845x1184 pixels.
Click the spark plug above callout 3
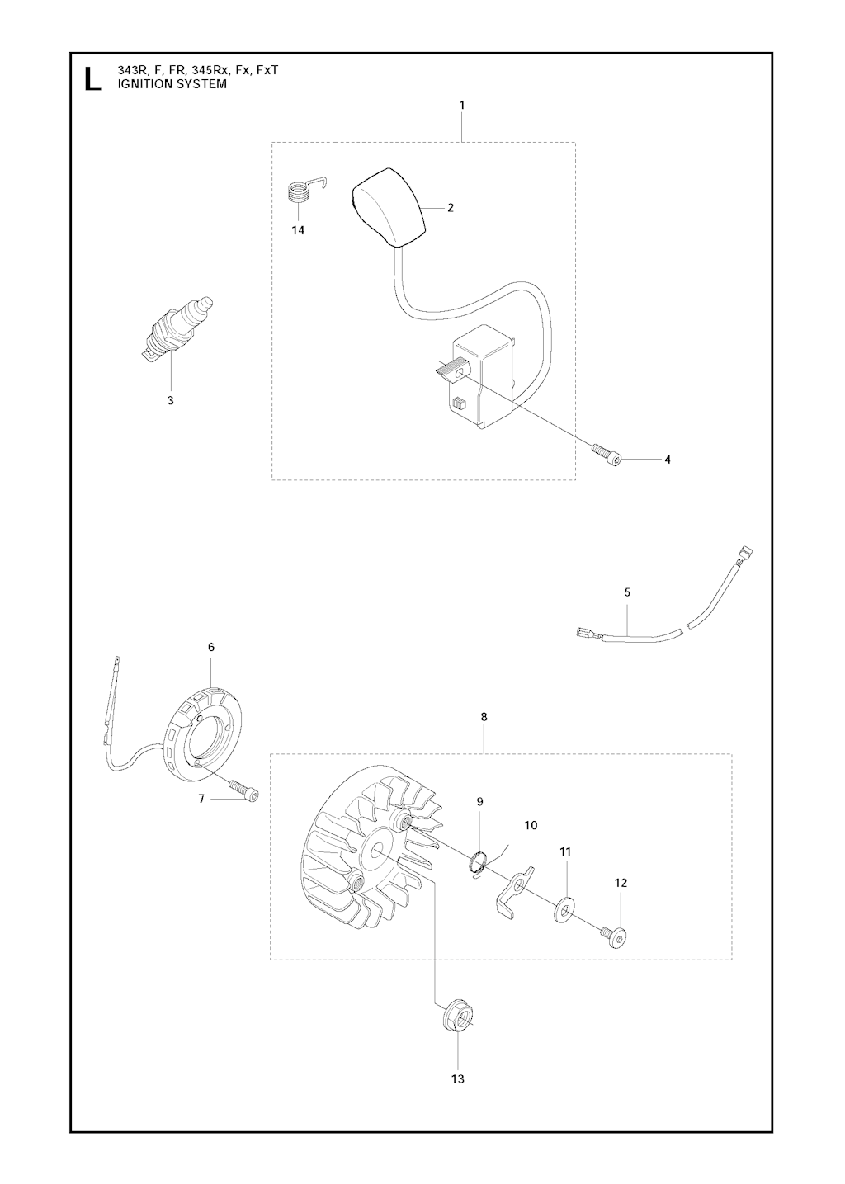180,330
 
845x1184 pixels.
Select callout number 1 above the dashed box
462,105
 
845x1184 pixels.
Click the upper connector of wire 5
746,556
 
